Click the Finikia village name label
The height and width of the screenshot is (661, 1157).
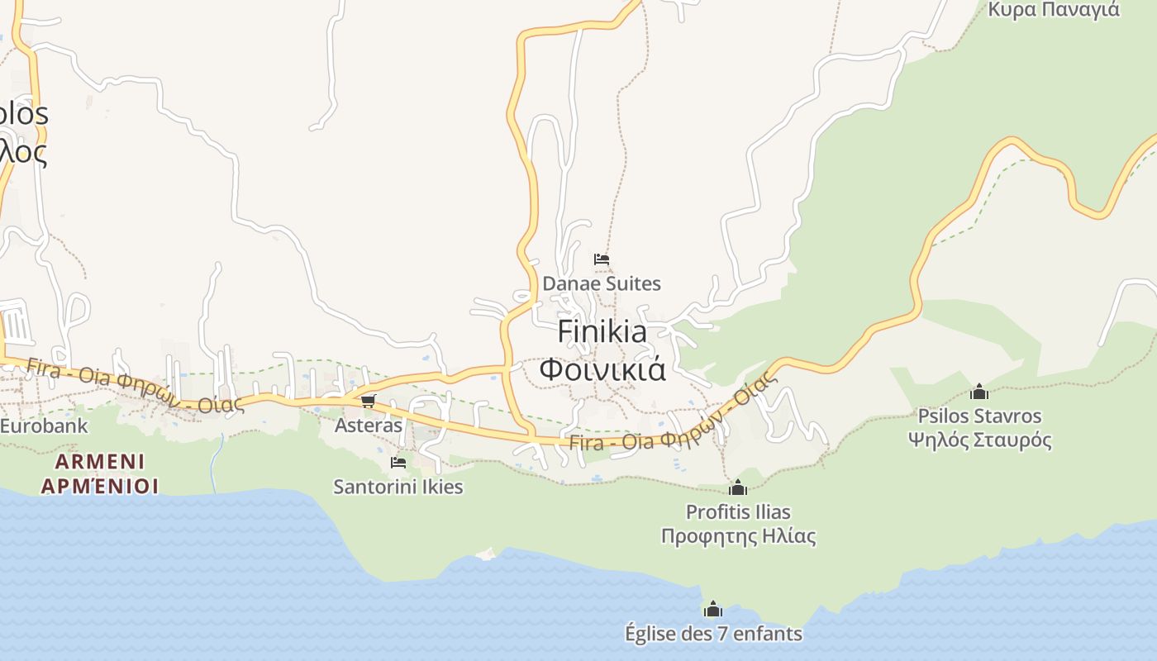(x=602, y=331)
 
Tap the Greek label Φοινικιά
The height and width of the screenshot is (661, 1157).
(x=602, y=369)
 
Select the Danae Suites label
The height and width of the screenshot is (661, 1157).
(x=602, y=283)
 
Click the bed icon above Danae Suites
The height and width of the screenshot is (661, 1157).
(x=602, y=259)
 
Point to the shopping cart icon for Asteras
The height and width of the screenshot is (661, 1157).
(x=369, y=401)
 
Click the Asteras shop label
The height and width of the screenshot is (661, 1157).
(x=369, y=426)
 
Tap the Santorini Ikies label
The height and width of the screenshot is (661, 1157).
(x=398, y=487)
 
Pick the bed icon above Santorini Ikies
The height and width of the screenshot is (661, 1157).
(x=398, y=462)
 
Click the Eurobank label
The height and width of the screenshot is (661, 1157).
(x=43, y=426)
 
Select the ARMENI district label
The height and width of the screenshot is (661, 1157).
(x=100, y=461)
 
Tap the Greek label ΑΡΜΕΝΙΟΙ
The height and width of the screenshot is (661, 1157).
(x=100, y=485)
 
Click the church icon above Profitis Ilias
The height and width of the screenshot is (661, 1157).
(x=738, y=487)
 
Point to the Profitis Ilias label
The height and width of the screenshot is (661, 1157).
(x=738, y=512)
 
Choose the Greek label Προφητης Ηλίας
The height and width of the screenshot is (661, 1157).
(x=738, y=536)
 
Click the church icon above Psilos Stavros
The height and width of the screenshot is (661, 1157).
(x=979, y=391)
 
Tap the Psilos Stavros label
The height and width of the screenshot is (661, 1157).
(x=979, y=416)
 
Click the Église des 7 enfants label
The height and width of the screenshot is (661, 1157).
(x=713, y=634)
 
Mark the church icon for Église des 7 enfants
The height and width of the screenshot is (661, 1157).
(x=713, y=610)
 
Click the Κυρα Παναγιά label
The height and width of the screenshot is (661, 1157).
(x=1054, y=10)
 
